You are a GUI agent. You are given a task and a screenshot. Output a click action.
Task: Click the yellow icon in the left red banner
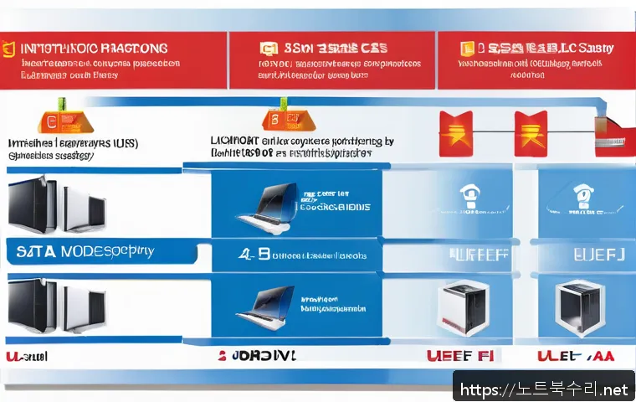(9, 49)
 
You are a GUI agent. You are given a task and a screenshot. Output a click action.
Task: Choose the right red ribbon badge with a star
(529, 131)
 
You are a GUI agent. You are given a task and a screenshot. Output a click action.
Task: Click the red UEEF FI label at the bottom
(461, 355)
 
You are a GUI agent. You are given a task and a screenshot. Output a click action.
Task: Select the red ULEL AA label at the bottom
(577, 356)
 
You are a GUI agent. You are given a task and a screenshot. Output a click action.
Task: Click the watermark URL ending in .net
(542, 389)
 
